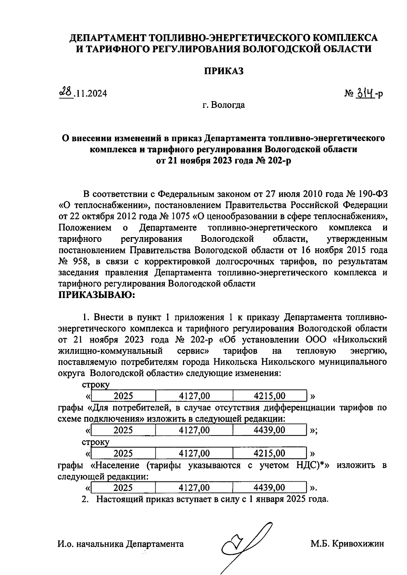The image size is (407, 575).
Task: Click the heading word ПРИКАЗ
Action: click(x=224, y=71)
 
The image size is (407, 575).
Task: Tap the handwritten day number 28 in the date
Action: click(x=66, y=92)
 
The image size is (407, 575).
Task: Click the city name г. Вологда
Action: click(x=224, y=105)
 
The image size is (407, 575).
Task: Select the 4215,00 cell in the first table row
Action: click(x=270, y=396)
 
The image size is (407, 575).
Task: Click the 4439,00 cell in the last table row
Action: click(x=270, y=487)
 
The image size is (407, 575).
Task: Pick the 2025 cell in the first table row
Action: click(x=123, y=396)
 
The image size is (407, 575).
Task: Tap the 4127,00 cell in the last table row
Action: click(x=194, y=487)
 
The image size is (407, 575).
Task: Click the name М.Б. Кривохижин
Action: click(x=348, y=544)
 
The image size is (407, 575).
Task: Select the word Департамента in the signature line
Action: click(x=155, y=544)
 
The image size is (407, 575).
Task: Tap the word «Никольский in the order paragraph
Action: click(x=361, y=340)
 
